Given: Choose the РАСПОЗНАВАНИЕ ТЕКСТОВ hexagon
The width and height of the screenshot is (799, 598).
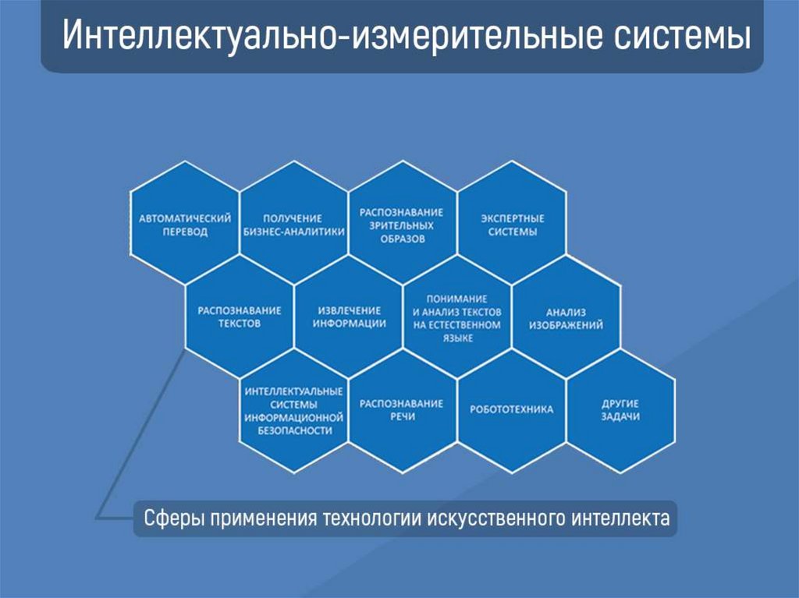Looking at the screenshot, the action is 240,317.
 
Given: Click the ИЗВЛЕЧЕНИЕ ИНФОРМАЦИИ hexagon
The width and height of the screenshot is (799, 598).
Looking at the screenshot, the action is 349,317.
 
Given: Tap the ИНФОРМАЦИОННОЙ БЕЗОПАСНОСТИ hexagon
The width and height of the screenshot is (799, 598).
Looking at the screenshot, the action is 293,410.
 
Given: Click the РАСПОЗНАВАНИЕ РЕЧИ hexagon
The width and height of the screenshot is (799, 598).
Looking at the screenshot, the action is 402,410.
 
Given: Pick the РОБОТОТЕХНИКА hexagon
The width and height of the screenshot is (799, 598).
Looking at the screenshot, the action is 511,410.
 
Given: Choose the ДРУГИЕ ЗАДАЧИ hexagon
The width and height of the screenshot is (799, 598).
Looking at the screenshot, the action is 620,410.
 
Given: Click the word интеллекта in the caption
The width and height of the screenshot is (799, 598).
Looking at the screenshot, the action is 631,518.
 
